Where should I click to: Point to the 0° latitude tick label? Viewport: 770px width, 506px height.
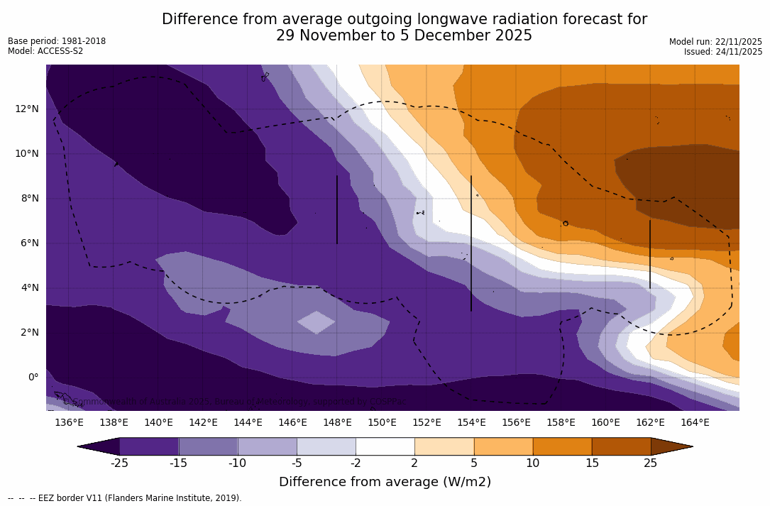(33, 377)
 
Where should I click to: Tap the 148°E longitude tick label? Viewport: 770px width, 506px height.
(337, 422)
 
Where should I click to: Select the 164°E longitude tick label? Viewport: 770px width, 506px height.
(695, 422)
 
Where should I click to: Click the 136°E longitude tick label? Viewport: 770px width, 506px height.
(69, 422)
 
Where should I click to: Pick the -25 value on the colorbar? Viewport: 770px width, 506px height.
(119, 463)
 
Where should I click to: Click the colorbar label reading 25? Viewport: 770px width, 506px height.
(650, 463)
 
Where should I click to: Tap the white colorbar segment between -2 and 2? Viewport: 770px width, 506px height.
(385, 446)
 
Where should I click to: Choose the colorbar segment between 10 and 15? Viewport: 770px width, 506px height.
(561, 446)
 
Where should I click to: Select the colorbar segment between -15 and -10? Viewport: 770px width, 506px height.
(208, 446)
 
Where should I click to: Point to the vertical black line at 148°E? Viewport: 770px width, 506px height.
(337, 209)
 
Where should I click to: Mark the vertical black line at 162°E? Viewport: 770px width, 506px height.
(650, 254)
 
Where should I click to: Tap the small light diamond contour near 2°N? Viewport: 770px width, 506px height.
(316, 322)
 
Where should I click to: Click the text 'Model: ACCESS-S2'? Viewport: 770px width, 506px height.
(45, 51)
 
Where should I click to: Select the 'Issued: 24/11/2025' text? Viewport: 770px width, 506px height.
(722, 52)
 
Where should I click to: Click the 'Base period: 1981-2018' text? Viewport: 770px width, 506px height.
(57, 41)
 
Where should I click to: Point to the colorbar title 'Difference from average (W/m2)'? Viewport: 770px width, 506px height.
(385, 482)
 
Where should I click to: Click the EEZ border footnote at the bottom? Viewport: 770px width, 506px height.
(125, 498)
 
